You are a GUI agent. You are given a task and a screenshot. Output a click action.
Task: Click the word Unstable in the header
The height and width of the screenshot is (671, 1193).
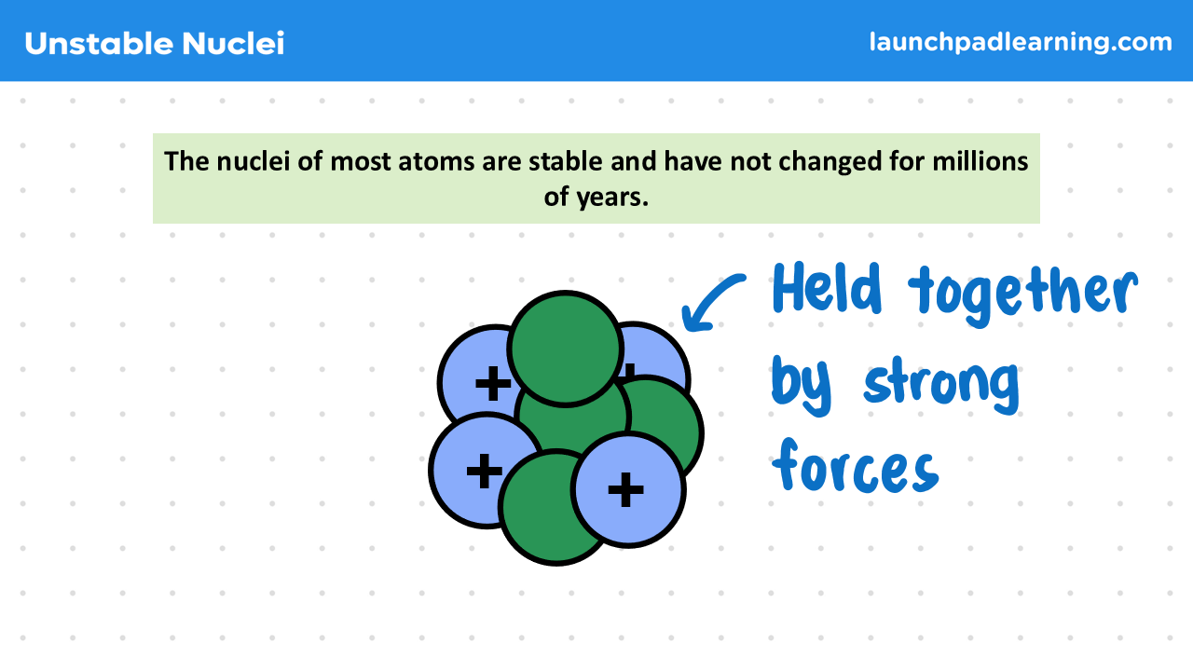click(x=99, y=43)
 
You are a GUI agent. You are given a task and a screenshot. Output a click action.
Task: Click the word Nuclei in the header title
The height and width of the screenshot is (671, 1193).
click(x=233, y=43)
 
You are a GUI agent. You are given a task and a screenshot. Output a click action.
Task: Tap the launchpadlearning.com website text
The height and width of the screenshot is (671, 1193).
click(x=1021, y=42)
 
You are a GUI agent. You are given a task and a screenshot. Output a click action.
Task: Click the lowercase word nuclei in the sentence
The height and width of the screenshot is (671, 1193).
click(x=253, y=161)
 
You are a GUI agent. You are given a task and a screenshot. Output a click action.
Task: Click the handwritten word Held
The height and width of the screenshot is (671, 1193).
click(x=827, y=288)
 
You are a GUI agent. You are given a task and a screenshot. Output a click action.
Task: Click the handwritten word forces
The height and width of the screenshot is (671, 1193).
click(x=856, y=467)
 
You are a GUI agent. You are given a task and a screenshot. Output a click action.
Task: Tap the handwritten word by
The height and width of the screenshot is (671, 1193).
click(x=801, y=385)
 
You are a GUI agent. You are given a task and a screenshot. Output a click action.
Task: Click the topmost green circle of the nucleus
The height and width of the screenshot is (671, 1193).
click(x=565, y=349)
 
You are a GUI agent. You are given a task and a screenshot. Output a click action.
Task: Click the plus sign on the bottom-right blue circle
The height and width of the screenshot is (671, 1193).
click(x=625, y=489)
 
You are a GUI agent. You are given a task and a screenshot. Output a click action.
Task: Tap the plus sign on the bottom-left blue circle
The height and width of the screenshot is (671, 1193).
click(x=484, y=471)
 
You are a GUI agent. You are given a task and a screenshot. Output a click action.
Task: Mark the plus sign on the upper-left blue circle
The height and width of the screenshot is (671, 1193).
click(x=493, y=383)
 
